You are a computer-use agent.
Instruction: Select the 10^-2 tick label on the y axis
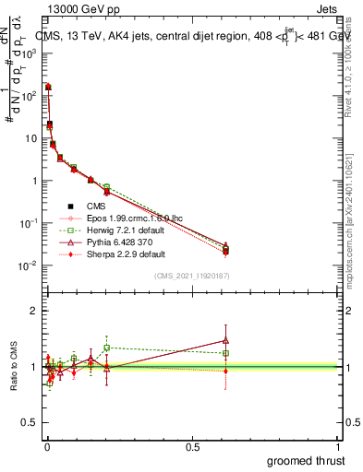click(x=28, y=265)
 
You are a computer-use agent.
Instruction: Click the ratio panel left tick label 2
click(x=32, y=312)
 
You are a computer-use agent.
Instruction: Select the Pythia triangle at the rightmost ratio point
click(x=226, y=339)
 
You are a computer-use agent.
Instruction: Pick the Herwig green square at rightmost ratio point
click(x=226, y=353)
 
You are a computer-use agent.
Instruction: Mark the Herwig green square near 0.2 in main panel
click(x=106, y=187)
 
